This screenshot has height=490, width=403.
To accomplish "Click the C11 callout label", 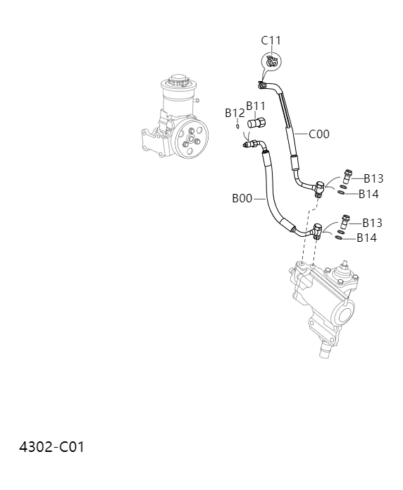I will click(271, 41).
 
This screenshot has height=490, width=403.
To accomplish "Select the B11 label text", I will click(255, 106).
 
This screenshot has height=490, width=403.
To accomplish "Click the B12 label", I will click(235, 113).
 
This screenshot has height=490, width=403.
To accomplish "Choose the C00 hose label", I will click(318, 134).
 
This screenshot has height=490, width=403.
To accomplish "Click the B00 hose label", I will click(242, 199).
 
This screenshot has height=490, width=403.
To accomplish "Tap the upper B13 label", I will click(373, 179).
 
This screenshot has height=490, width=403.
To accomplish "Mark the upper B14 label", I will click(368, 194).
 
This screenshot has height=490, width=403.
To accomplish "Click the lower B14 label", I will click(366, 238).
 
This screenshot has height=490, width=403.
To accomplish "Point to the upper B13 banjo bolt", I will click(347, 175).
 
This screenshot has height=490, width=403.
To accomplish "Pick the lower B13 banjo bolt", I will click(345, 219).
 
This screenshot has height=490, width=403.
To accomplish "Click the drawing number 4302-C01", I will click(51, 447).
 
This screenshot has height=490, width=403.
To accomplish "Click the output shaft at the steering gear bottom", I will click(325, 348).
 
